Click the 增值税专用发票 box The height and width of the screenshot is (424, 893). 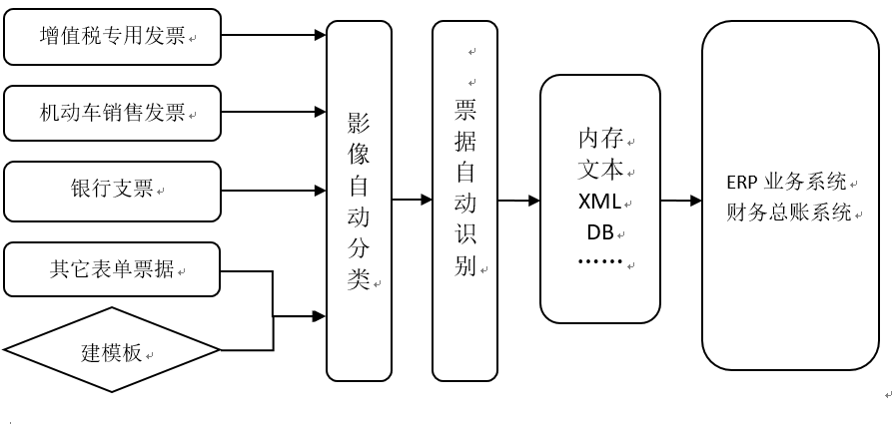(x=112, y=36)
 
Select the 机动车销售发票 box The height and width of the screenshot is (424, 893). (x=112, y=113)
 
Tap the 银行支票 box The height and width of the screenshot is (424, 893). (x=112, y=190)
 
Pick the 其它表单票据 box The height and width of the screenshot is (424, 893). (x=112, y=268)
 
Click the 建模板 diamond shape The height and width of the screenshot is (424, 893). (x=112, y=351)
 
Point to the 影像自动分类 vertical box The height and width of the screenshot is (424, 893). (x=359, y=201)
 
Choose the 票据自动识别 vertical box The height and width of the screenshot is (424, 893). (x=464, y=201)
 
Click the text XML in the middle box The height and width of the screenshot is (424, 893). (x=599, y=202)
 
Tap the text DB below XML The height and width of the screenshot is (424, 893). (x=599, y=232)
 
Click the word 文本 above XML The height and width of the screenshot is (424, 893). (x=599, y=170)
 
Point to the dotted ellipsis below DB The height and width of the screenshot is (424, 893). (x=599, y=261)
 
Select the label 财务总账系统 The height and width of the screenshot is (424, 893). (x=789, y=212)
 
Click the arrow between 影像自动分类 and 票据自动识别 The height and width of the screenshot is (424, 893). (x=412, y=201)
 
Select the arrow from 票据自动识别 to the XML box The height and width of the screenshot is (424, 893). (x=518, y=201)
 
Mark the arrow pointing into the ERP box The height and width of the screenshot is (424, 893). (x=680, y=201)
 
